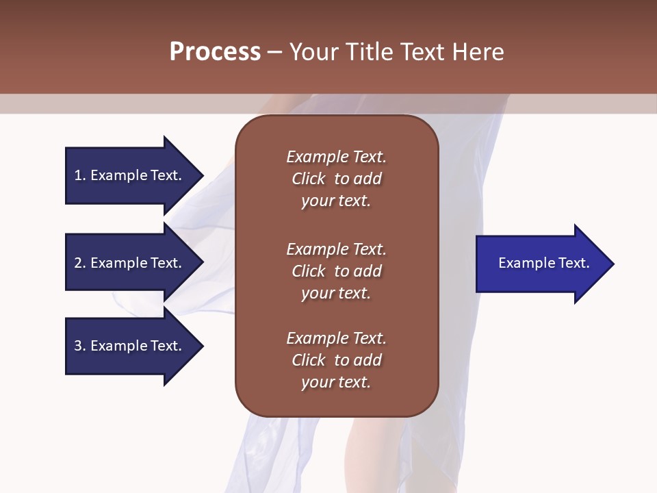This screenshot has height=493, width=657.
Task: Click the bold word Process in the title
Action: coord(215,52)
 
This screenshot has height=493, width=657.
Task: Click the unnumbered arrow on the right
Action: coord(541,263)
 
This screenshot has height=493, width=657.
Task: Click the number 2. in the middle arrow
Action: coord(80,263)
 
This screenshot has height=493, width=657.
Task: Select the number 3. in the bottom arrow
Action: coord(80,346)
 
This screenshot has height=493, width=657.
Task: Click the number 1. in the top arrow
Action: coord(80,175)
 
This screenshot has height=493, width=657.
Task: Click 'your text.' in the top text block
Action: coord(336,201)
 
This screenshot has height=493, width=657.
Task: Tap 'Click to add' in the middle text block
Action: coord(336,271)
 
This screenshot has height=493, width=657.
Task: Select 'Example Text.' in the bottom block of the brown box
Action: coord(336,338)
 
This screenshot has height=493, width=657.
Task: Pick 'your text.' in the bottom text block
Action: coord(336,383)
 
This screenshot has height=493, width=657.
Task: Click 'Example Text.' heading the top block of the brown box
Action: coord(336,157)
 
